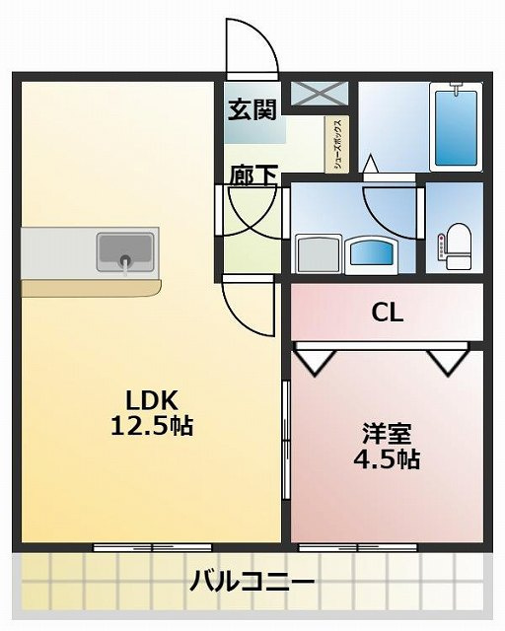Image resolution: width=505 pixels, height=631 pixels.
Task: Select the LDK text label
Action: [x=150, y=400]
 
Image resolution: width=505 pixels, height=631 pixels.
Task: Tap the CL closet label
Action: [x=387, y=314]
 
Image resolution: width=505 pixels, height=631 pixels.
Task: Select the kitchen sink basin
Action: [x=126, y=251]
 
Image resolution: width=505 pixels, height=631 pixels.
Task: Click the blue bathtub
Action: [x=457, y=126]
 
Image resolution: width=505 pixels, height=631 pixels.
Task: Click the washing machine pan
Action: [x=318, y=254]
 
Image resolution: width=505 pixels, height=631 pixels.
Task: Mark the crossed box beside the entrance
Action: [x=318, y=93]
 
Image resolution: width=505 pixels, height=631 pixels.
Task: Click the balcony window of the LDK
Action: [x=153, y=546]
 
